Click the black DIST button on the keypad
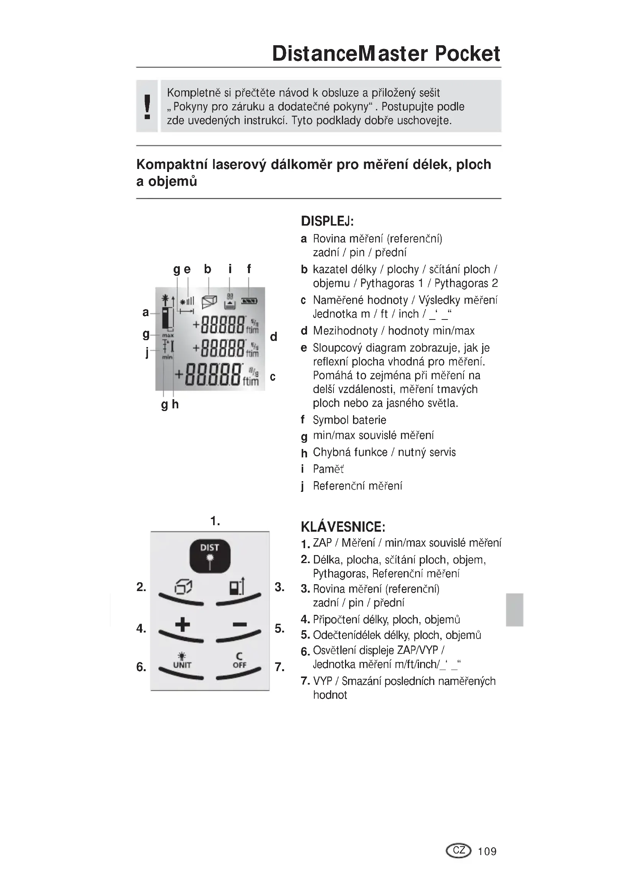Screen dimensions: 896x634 (210, 556)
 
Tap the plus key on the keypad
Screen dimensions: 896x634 (182, 625)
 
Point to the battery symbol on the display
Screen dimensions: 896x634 (249, 301)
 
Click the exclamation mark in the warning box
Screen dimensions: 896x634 (147, 106)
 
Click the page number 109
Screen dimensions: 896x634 (487, 851)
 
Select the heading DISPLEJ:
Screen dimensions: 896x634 (327, 221)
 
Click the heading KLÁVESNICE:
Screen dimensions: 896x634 (343, 527)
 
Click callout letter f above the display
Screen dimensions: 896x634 (249, 269)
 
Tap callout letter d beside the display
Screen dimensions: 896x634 (273, 337)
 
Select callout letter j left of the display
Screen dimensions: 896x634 (147, 352)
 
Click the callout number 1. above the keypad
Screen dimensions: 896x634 (215, 521)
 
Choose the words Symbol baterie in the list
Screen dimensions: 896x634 (350, 420)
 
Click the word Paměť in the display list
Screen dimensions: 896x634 (328, 469)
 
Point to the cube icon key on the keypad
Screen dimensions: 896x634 (183, 587)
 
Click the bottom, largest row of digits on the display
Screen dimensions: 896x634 (213, 375)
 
